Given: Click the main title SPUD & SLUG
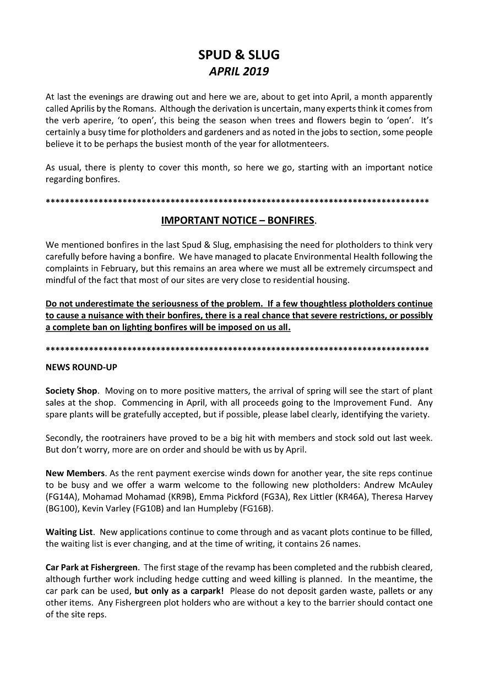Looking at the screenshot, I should point(238,54).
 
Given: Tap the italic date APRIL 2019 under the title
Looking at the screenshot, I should point(238,72).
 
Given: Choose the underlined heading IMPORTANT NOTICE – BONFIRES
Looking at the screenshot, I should point(238,221).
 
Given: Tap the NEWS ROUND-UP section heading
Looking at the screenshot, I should point(81,367).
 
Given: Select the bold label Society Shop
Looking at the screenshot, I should point(72,391).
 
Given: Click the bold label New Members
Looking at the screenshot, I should point(75,473).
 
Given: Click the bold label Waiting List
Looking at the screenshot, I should point(69,532).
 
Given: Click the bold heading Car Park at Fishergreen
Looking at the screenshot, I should point(92,568).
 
